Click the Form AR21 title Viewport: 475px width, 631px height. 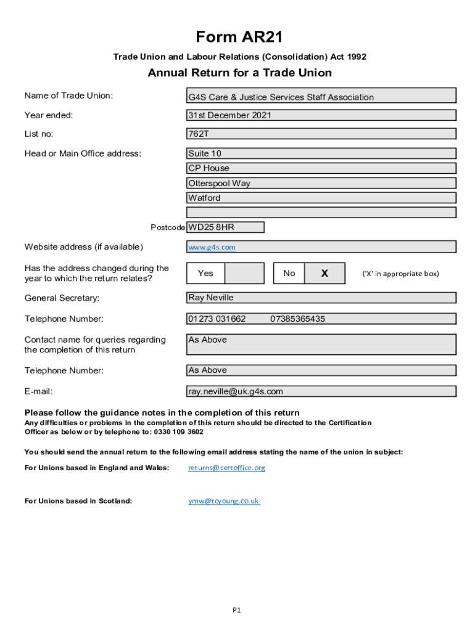[239, 38]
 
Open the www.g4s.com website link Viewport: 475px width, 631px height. [212, 247]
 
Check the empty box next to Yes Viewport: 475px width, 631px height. [244, 273]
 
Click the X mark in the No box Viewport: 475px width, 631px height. [324, 273]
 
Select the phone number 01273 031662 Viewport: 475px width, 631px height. [217, 319]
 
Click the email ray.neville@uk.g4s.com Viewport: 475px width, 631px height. [236, 391]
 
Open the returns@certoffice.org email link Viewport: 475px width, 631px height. [226, 468]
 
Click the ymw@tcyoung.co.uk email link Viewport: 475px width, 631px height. [224, 501]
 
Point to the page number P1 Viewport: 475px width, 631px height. [236, 610]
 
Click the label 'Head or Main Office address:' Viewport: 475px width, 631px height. [83, 153]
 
